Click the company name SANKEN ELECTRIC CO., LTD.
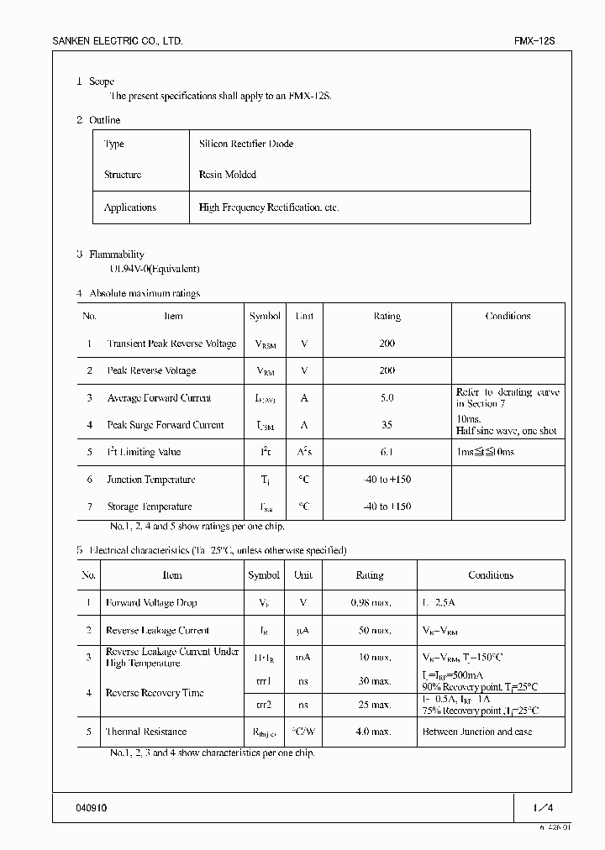click(x=118, y=41)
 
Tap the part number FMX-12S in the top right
click(x=534, y=41)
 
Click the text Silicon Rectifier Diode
click(x=246, y=144)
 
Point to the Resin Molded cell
click(x=228, y=176)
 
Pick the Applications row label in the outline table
click(x=130, y=207)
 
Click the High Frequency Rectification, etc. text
click(x=269, y=207)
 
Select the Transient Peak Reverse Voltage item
click(x=171, y=344)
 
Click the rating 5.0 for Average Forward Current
click(x=387, y=398)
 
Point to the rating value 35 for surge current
click(x=387, y=425)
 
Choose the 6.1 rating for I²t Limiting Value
click(x=387, y=452)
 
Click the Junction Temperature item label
click(x=151, y=480)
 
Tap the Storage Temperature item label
click(x=150, y=506)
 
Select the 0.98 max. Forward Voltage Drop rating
click(x=371, y=603)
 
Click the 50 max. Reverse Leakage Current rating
click(x=371, y=630)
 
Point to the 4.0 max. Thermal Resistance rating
click(x=371, y=732)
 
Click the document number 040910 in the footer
click(x=92, y=808)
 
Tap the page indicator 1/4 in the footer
click(x=544, y=808)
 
